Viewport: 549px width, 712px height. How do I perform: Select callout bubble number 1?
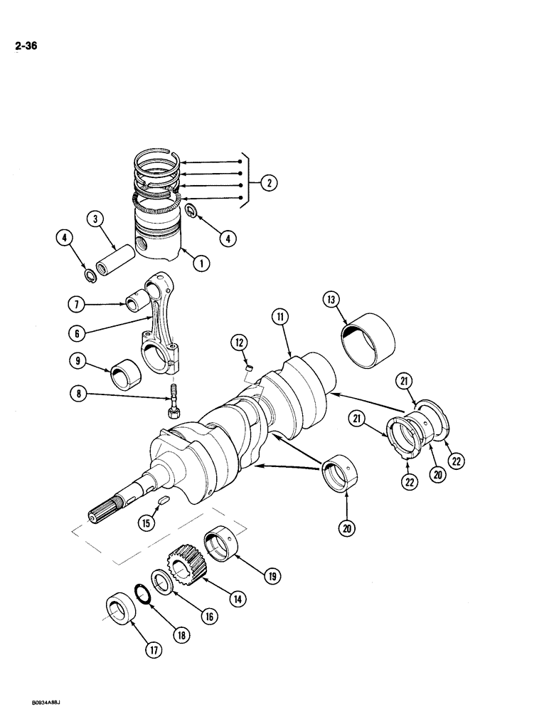tap(201, 263)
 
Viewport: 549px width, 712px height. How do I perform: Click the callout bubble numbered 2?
tap(268, 184)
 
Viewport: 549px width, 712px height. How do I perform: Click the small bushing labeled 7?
tap(137, 304)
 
